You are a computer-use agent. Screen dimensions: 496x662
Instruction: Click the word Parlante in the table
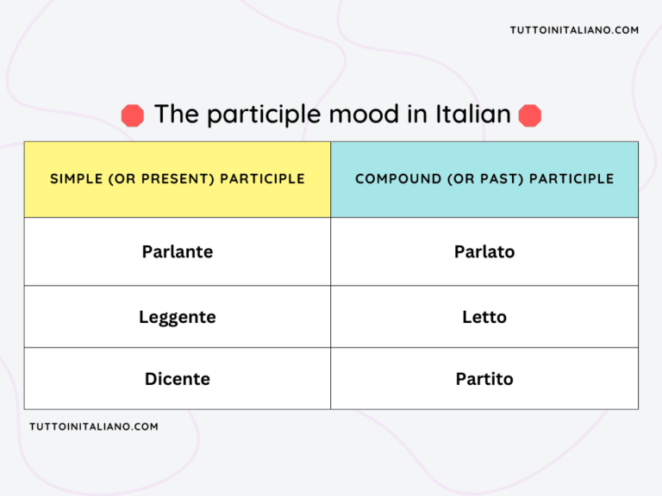[177, 251]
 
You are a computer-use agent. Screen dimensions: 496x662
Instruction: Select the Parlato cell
[484, 251]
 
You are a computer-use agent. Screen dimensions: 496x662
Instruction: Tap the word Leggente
[177, 317]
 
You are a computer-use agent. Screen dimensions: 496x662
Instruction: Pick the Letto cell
[484, 317]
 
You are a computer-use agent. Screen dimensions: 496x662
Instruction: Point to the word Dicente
[177, 379]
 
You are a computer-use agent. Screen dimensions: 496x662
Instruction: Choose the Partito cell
[484, 379]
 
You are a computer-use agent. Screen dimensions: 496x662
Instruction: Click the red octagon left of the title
[132, 115]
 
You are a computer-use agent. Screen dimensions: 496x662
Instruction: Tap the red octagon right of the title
[530, 115]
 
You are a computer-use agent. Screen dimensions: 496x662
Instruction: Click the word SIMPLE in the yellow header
[75, 179]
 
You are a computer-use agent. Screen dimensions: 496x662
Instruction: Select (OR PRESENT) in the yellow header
[160, 179]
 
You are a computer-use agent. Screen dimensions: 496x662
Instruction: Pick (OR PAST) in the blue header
[483, 179]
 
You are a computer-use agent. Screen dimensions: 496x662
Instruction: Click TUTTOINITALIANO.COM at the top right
[574, 30]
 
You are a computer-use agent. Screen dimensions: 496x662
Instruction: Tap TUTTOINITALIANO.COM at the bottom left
[94, 426]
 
